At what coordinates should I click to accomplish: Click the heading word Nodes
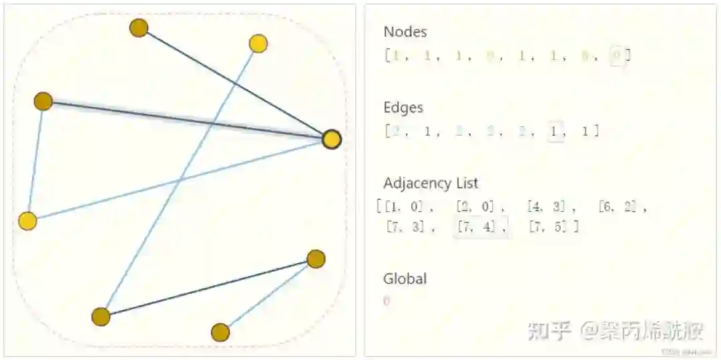pos(405,31)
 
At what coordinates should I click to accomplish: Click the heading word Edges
pos(403,108)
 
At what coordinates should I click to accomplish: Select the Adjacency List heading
pos(431,183)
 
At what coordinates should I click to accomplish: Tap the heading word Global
pos(405,279)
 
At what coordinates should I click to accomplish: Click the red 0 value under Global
pos(387,301)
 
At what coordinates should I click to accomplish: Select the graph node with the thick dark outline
pos(332,140)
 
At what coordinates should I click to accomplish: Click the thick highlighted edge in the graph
pos(187,120)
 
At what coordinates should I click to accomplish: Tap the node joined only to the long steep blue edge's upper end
pos(258,44)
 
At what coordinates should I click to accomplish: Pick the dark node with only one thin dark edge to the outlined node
pos(139,28)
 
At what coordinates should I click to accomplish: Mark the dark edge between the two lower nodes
pos(208,288)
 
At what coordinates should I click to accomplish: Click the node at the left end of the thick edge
pos(43,102)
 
